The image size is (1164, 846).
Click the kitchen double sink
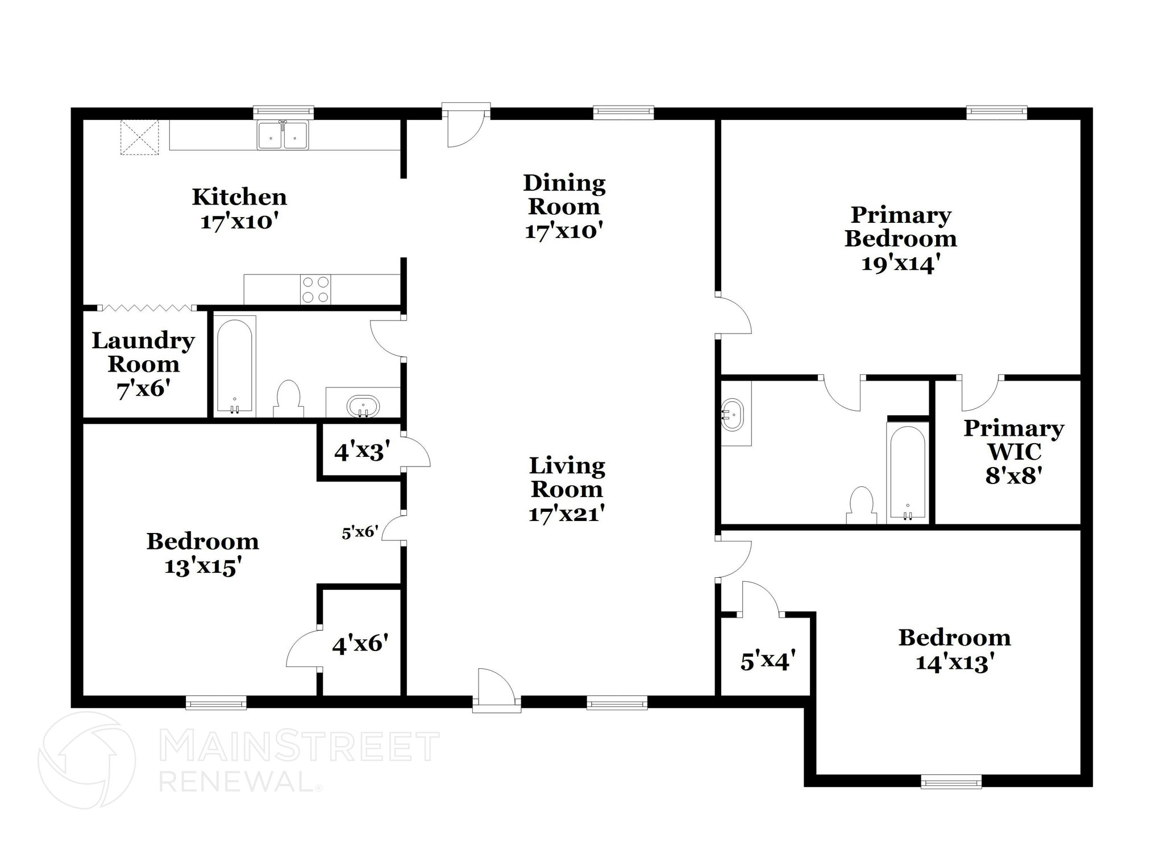point(282,135)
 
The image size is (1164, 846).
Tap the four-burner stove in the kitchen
point(315,289)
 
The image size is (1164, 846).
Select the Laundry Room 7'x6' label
point(143,364)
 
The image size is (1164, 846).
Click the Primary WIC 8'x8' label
point(1013,452)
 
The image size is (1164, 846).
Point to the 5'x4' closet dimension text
point(768,661)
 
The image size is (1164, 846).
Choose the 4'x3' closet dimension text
point(362,452)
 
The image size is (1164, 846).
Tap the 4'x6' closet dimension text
point(360,644)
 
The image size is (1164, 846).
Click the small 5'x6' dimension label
point(360,532)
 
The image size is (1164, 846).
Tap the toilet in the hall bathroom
point(288,398)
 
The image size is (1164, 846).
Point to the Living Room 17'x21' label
point(567,489)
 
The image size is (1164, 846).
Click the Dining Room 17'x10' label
point(564,207)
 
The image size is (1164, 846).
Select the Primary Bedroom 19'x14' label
point(900,239)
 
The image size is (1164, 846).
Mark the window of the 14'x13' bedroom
point(951,782)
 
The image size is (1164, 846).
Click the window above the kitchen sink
point(283,112)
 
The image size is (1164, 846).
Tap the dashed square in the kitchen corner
point(139,137)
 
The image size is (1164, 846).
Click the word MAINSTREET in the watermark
point(299,746)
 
